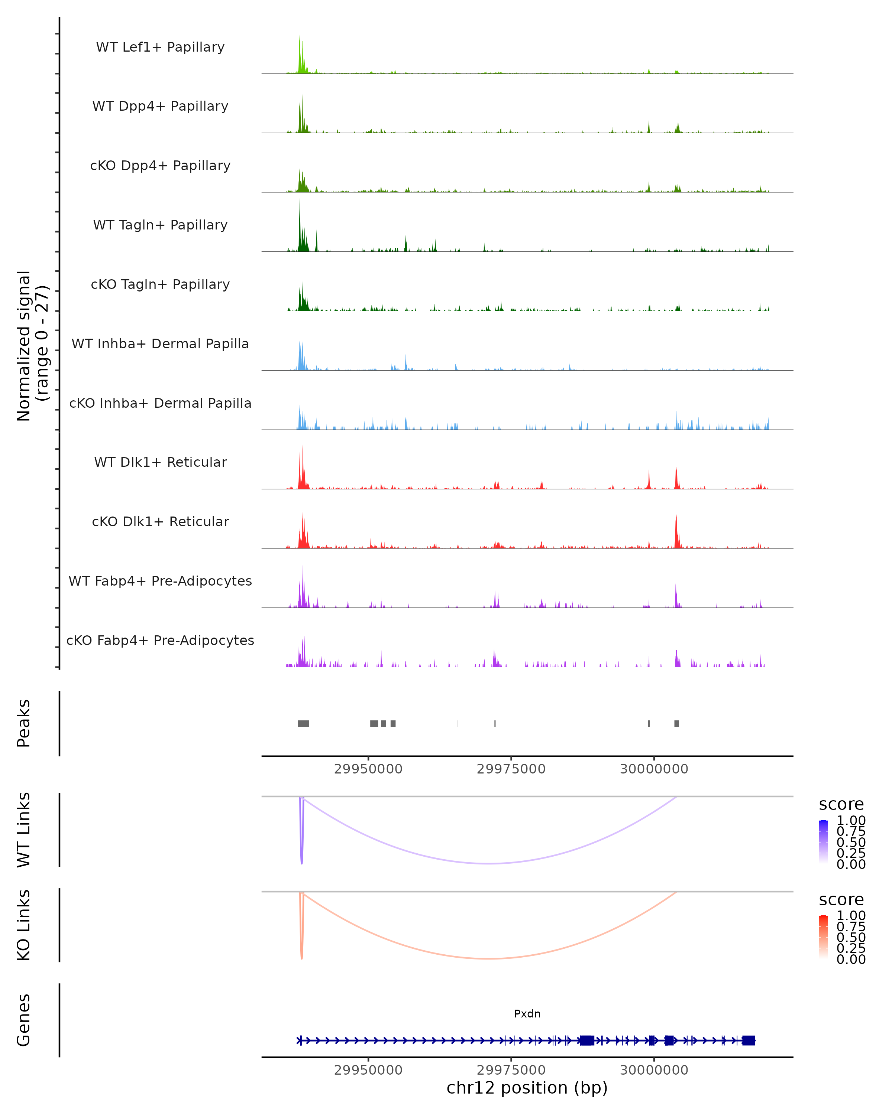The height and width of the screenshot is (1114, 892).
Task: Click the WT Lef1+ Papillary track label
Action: click(160, 47)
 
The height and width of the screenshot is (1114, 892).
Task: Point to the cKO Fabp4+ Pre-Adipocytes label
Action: click(160, 640)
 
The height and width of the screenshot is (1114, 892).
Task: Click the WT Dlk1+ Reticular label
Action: click(160, 462)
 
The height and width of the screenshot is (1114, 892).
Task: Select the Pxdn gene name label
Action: click(527, 1014)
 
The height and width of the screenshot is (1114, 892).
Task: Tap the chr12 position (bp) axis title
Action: click(527, 1088)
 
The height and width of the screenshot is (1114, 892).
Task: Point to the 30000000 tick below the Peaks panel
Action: click(654, 769)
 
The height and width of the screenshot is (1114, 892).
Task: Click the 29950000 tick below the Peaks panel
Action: click(368, 769)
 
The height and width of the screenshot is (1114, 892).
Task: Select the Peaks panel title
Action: click(24, 723)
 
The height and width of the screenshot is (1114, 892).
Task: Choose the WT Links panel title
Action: click(24, 830)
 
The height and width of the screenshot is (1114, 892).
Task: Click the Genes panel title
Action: click(24, 1020)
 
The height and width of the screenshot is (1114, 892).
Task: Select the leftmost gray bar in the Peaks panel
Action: click(304, 723)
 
